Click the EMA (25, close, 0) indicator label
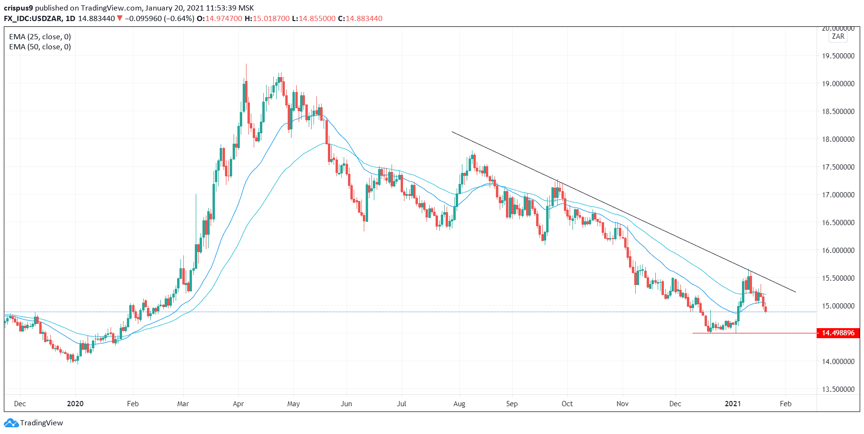40,37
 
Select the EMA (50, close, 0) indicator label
40,47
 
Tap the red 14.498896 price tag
838,333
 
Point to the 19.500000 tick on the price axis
838,56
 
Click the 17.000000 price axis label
838,195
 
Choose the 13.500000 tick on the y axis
838,389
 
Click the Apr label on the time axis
238,404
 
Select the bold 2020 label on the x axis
75,404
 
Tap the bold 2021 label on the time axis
733,404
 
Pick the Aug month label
459,404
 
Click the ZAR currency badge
838,36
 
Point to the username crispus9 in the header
19,8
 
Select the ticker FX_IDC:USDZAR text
33,19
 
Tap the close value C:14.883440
360,19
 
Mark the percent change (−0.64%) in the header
179,19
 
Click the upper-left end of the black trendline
452,132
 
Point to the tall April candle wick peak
246,64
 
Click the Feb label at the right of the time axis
785,404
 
